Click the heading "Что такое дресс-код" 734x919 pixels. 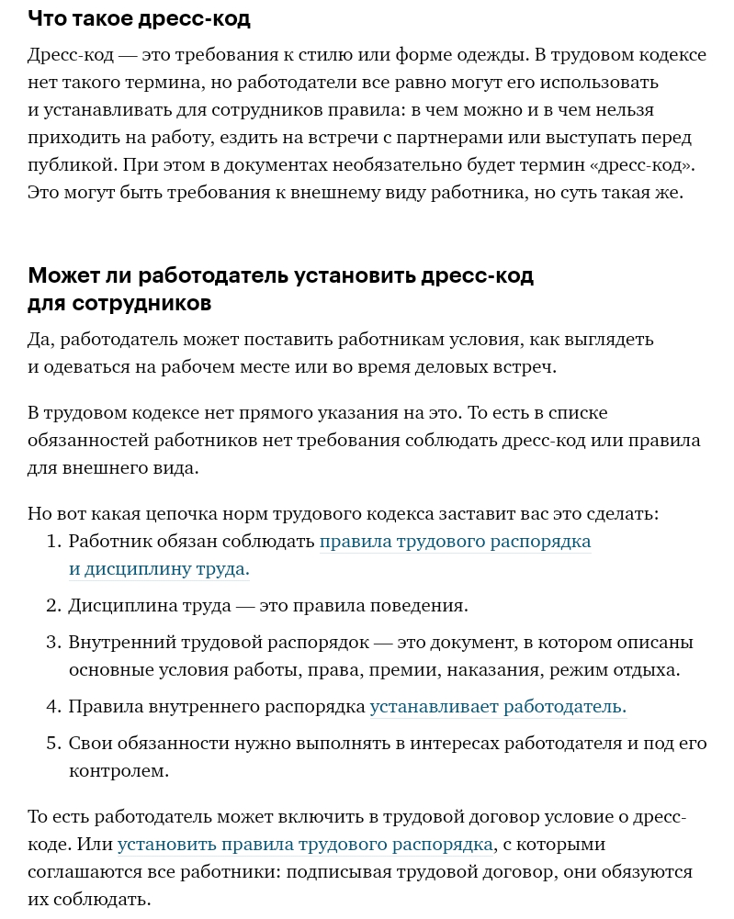click(139, 18)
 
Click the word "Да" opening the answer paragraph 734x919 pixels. click(40, 340)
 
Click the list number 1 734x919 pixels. click(53, 542)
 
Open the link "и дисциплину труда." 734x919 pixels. click(159, 569)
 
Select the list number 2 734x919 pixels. click(53, 606)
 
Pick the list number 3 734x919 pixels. click(53, 643)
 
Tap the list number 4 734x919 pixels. click(53, 707)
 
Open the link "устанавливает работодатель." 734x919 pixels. click(498, 707)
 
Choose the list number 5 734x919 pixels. click(53, 744)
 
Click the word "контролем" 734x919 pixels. click(119, 771)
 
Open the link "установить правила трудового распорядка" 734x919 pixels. click(306, 845)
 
